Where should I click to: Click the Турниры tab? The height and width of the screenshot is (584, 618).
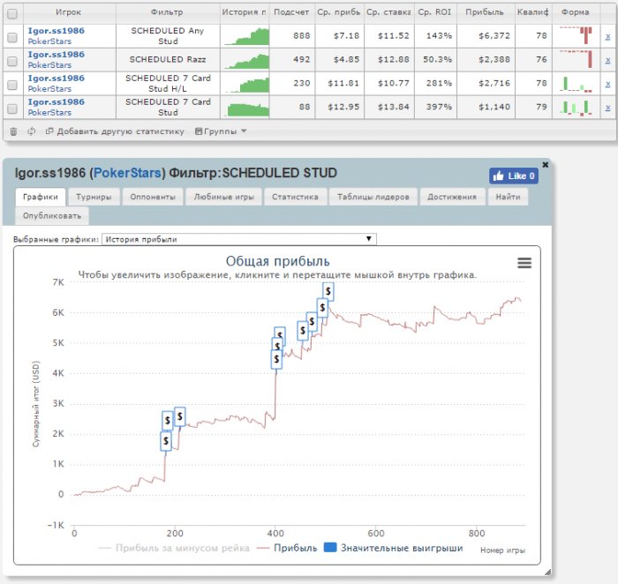click(93, 197)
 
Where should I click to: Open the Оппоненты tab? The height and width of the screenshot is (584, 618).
click(152, 197)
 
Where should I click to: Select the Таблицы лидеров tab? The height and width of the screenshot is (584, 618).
click(374, 197)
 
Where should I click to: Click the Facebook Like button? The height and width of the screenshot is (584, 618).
click(514, 176)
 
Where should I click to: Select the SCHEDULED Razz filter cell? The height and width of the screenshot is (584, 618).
click(168, 60)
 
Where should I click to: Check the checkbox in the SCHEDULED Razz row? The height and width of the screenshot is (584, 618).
click(12, 60)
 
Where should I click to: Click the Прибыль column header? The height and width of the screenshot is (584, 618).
click(484, 13)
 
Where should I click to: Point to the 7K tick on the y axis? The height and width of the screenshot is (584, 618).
click(58, 282)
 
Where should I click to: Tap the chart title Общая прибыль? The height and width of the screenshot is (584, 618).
click(278, 261)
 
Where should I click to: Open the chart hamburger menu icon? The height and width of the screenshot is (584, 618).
click(524, 262)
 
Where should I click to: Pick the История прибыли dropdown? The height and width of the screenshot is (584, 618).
click(239, 239)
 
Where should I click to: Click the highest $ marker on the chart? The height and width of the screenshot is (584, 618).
click(328, 291)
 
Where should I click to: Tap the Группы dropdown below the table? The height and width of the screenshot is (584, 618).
click(221, 131)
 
